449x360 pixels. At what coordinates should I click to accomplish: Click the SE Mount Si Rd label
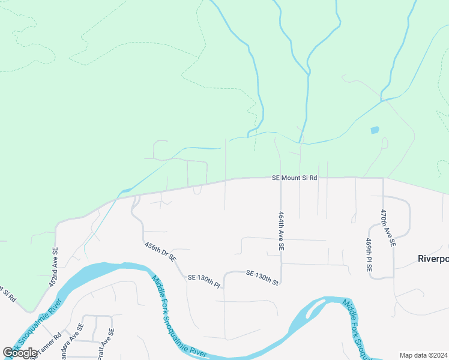coord(294,178)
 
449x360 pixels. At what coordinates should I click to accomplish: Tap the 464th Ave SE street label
coord(281,230)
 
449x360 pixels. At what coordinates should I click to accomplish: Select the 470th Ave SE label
coord(388,228)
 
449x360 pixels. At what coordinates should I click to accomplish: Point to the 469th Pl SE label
coord(369,255)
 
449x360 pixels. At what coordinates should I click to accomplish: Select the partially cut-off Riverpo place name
coord(433,259)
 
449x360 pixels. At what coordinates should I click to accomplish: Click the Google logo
coord(20,353)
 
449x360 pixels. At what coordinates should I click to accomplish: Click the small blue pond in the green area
coord(375,130)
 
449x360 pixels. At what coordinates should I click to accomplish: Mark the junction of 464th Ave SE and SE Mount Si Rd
coord(281,178)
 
